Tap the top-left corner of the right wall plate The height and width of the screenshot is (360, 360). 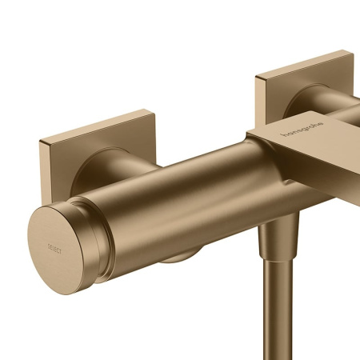tap(258, 78)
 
